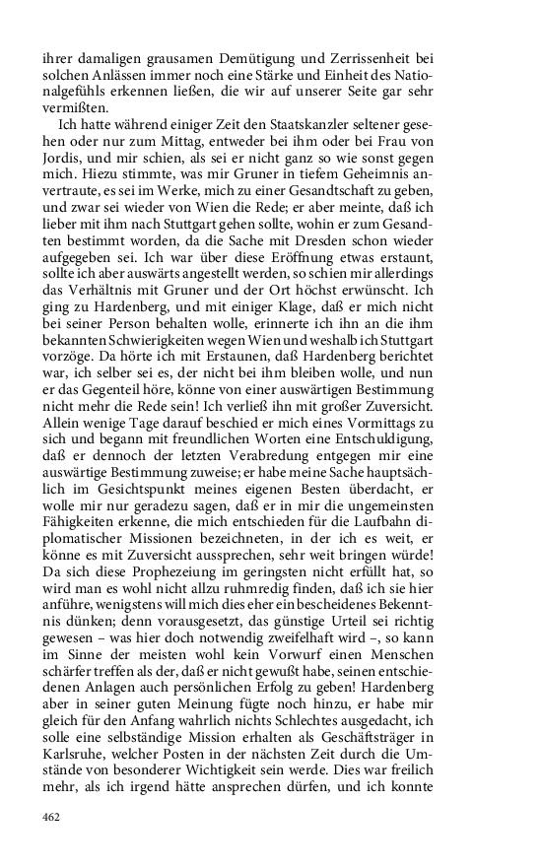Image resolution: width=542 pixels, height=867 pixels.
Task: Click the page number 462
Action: point(52,816)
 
